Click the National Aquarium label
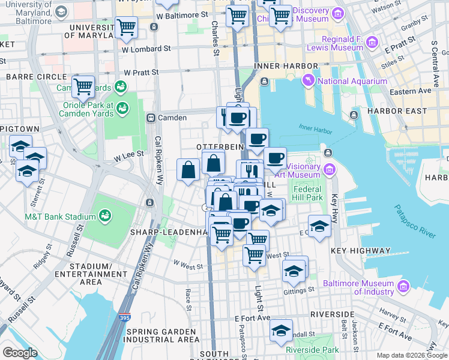[x=352, y=82]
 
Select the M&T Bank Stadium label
[x=60, y=217]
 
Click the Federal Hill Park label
[x=307, y=193]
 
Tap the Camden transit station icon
[x=151, y=118]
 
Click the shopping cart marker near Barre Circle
[x=83, y=86]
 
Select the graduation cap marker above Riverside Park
[x=280, y=330]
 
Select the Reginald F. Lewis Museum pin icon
[x=372, y=41]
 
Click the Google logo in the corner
[x=20, y=352]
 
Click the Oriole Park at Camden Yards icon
[x=122, y=109]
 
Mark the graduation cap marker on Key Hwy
[x=320, y=226]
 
